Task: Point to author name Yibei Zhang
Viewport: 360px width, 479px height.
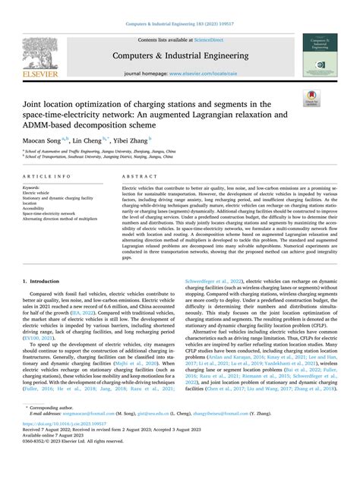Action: click(133, 140)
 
